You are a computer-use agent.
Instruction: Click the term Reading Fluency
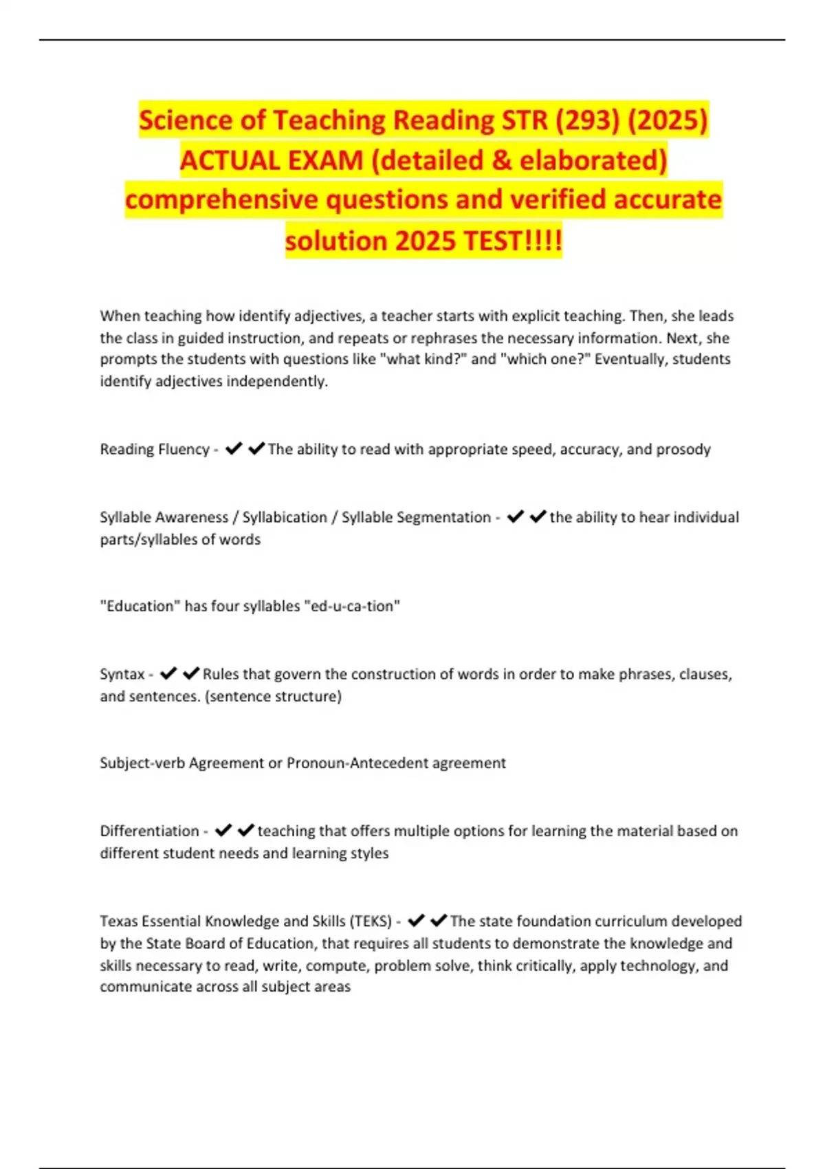(155, 449)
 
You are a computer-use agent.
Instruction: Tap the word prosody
(683, 449)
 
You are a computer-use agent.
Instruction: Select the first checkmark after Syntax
(168, 674)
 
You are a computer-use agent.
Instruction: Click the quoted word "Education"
(140, 606)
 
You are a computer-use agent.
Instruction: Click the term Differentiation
(149, 831)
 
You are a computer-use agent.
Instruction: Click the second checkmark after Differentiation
(246, 831)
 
